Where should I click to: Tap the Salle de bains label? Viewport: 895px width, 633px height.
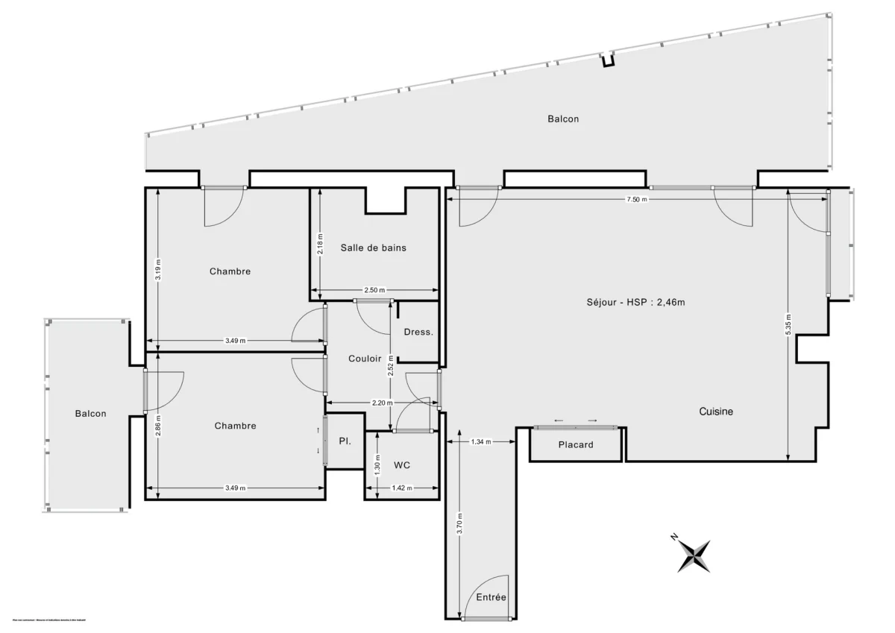pos(374,248)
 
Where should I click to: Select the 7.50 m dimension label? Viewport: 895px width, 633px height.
pos(637,200)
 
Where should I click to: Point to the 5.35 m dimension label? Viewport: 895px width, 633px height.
pos(788,324)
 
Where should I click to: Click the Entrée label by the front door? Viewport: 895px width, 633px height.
pos(491,597)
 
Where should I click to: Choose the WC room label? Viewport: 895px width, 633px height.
pos(402,465)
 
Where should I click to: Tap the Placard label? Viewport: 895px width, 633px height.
pos(576,445)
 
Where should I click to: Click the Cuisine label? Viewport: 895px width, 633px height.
pos(716,412)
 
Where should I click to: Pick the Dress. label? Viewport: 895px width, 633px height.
pos(418,332)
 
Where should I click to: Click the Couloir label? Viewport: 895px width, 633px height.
pos(365,359)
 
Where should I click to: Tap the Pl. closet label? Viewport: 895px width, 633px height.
pos(345,441)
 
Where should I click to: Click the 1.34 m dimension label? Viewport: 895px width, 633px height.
pos(481,442)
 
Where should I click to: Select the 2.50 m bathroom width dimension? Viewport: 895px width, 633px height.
pos(374,291)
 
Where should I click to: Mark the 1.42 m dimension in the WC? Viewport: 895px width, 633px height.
pos(402,488)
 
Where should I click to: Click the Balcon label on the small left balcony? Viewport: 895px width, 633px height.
pos(90,414)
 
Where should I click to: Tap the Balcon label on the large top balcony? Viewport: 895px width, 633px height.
pos(563,119)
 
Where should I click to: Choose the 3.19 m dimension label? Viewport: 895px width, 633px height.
pos(157,269)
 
